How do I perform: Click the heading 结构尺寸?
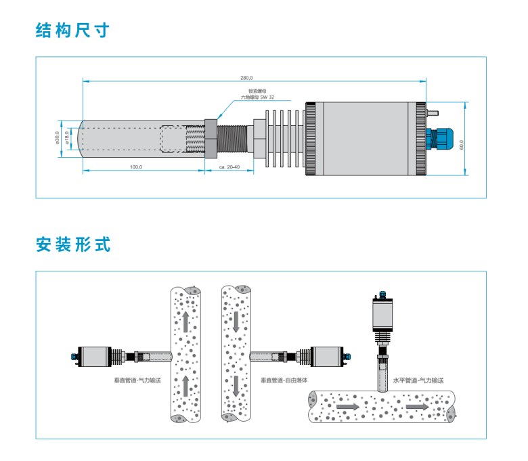tap(72, 30)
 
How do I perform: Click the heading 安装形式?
tap(72, 244)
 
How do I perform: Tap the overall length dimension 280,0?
tap(255, 77)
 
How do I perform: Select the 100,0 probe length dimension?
tap(136, 167)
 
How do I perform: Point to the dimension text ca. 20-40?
tap(228, 167)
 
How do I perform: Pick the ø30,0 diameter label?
tap(58, 138)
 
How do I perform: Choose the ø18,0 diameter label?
tap(67, 138)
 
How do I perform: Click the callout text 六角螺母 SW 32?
tap(258, 97)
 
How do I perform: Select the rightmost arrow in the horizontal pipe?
tap(417, 407)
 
